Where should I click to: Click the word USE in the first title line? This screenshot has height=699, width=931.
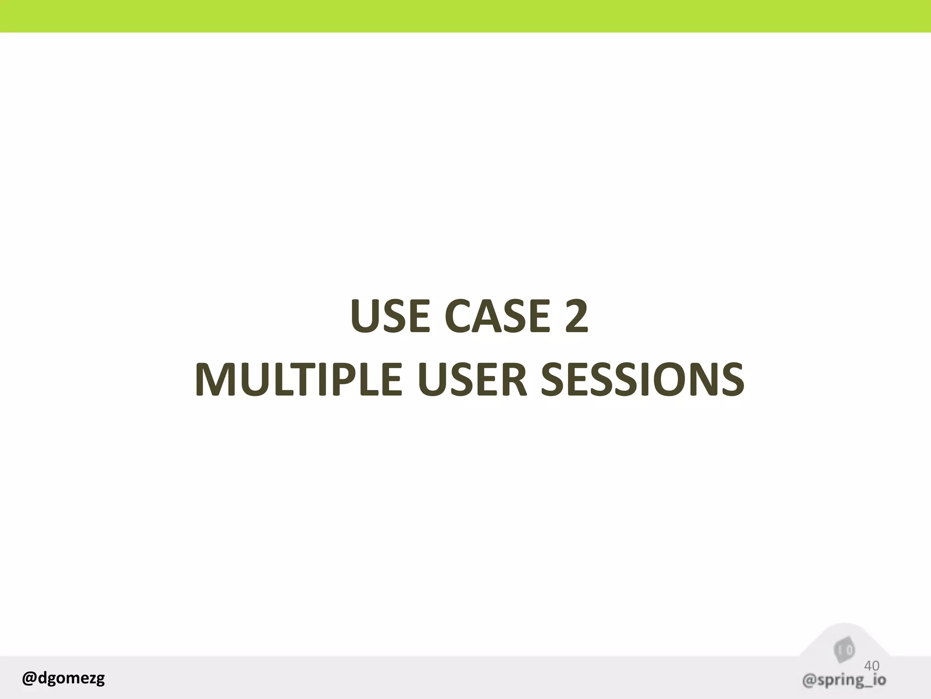[x=390, y=316]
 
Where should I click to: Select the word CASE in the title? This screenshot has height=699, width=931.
[x=497, y=316]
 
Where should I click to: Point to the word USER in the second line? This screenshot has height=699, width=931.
[x=472, y=380]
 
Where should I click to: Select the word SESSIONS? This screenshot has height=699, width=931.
[x=642, y=380]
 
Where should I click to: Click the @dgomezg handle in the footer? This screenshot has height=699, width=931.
[x=63, y=678]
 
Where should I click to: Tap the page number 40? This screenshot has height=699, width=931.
[x=871, y=666]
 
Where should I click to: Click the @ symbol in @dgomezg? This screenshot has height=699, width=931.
[x=29, y=679]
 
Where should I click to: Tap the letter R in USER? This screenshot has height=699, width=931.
[x=514, y=380]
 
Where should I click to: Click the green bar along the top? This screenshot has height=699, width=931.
[x=465, y=16]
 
